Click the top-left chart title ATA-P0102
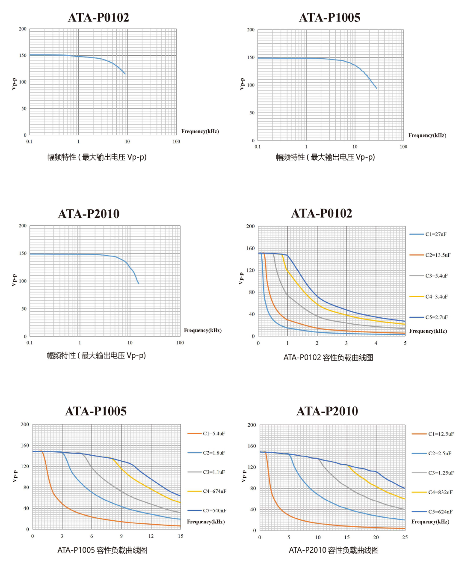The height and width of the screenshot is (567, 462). (98, 18)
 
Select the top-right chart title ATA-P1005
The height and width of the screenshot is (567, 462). (329, 18)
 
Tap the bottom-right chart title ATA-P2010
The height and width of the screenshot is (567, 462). (327, 411)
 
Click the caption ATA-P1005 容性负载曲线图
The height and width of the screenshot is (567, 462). (102, 550)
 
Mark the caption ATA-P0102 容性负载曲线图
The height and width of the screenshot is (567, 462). (328, 358)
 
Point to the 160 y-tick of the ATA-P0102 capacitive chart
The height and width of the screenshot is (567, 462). (250, 248)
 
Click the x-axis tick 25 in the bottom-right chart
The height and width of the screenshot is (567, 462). (405, 537)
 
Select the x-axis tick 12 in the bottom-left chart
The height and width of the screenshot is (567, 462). (151, 536)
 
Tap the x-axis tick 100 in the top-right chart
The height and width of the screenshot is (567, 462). (403, 146)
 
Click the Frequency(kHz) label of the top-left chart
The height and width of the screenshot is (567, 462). (200, 131)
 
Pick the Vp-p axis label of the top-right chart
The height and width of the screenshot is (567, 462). (242, 84)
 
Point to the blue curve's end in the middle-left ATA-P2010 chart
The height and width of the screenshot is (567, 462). (139, 283)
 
